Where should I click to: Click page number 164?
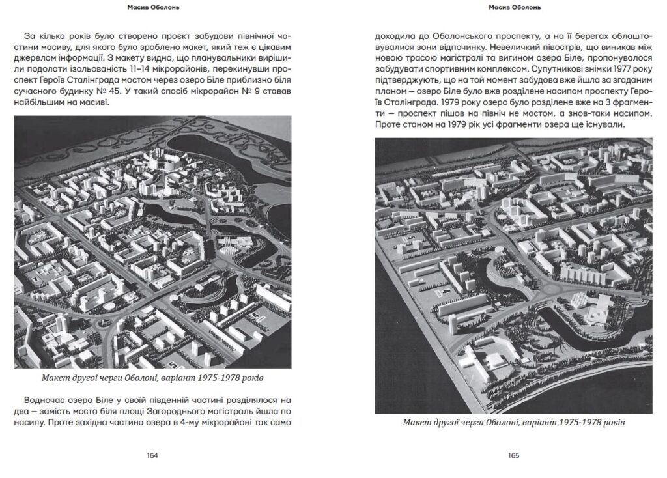152,456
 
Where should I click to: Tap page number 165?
514,456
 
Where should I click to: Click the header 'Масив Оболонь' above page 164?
152,8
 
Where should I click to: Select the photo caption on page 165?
514,423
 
